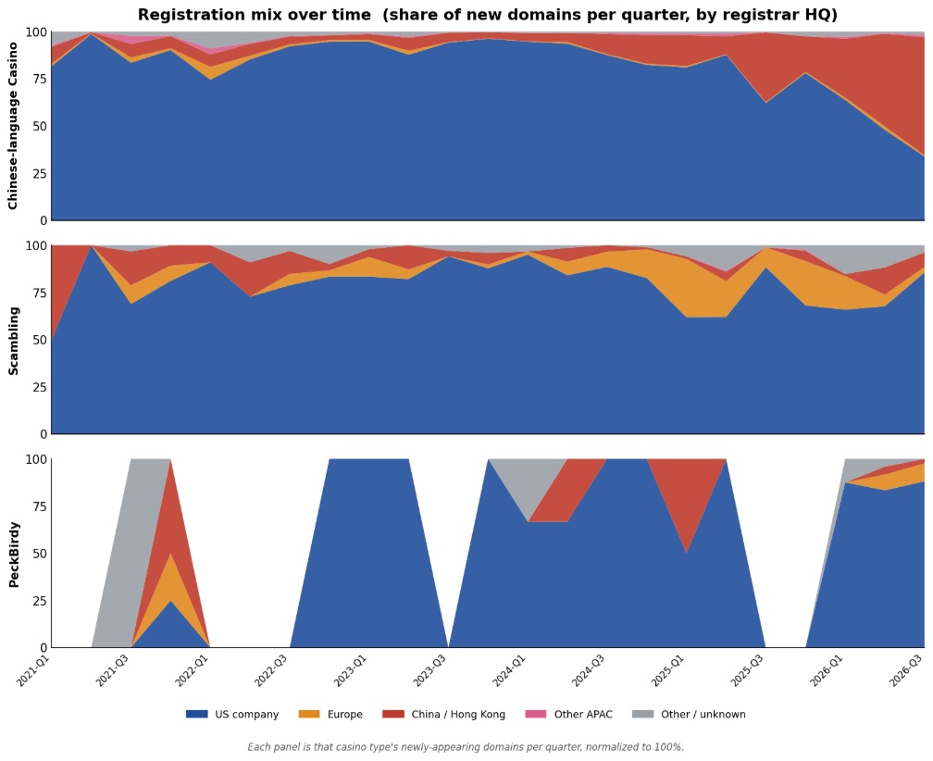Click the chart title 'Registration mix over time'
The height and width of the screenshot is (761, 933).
point(256,14)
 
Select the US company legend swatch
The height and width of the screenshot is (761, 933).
point(197,714)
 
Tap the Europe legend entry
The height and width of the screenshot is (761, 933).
point(330,714)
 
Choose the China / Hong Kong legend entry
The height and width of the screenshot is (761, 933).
point(444,714)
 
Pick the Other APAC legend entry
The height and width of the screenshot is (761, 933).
point(569,714)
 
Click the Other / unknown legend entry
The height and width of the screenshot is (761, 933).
point(689,714)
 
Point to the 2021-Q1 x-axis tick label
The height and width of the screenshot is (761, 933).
point(33,670)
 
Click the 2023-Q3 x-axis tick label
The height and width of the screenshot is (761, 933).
point(429,670)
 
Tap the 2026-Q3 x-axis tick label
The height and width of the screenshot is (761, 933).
point(905,670)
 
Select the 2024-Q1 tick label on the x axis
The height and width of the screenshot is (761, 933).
point(509,670)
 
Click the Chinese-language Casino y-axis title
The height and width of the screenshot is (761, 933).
point(13,126)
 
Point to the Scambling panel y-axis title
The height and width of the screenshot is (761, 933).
point(13,341)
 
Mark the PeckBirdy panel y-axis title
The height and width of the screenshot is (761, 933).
point(13,555)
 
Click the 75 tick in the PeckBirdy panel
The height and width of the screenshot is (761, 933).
point(39,506)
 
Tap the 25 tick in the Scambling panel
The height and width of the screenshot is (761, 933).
point(39,387)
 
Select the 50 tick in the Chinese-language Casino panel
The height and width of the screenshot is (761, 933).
point(39,126)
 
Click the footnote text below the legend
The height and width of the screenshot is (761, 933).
point(466,747)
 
